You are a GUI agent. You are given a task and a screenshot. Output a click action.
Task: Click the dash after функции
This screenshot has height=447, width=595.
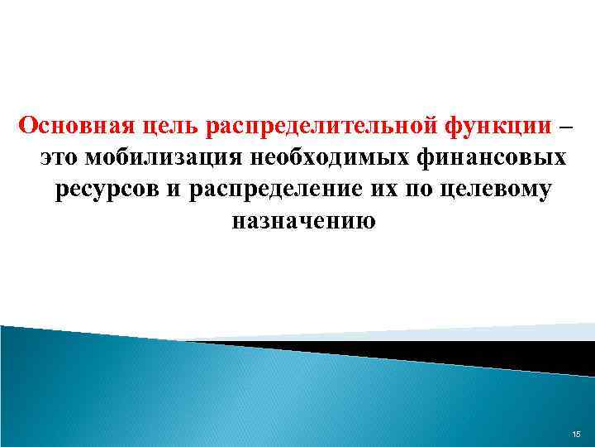click(564, 127)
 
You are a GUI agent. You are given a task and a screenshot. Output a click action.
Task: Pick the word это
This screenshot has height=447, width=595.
click(58, 158)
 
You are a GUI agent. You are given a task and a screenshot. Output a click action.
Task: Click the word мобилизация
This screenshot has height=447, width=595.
click(164, 158)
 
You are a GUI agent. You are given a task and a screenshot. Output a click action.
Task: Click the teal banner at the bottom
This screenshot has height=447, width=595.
click(248, 397)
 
